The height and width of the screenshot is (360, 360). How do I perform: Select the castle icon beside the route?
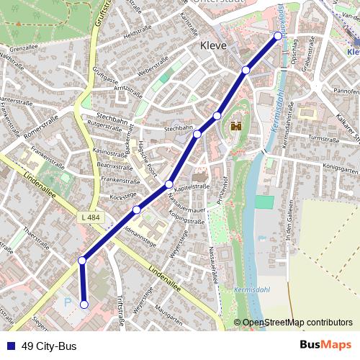coord(235,127)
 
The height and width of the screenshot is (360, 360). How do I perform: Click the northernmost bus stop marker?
coord(278,35)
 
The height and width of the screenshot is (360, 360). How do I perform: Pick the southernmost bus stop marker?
coord(84,305)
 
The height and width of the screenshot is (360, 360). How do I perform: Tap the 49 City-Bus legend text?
coord(49,346)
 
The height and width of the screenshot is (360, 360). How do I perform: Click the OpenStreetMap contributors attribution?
coord(297,322)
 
